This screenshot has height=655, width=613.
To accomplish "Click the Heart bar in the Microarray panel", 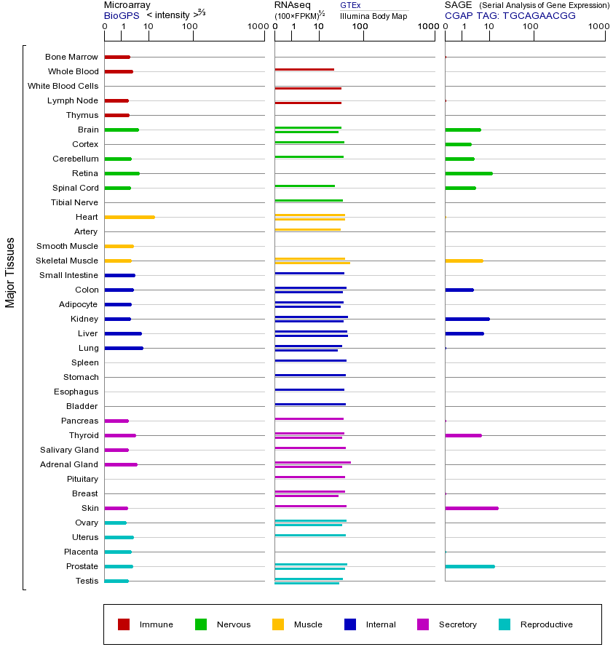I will (x=130, y=217).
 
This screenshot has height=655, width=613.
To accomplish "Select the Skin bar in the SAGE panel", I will (x=472, y=508).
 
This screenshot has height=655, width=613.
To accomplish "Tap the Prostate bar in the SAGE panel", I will (x=470, y=566).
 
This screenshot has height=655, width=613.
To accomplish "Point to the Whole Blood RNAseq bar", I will (x=304, y=70).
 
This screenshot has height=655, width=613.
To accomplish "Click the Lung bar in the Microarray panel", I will (x=124, y=348).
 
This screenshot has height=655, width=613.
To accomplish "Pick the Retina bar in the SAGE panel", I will (x=469, y=173).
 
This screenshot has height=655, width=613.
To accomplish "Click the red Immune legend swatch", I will (x=124, y=624).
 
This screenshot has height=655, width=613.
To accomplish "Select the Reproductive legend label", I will (x=547, y=624).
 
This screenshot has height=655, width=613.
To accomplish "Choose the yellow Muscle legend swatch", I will (x=278, y=624).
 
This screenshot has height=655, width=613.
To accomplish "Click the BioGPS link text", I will (x=121, y=15).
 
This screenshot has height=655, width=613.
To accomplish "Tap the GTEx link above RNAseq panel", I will (x=350, y=5).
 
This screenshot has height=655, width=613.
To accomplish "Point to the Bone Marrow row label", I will (x=71, y=57).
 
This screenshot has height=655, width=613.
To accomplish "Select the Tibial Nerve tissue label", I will (x=74, y=202).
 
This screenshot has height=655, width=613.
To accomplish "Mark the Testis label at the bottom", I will (x=87, y=581).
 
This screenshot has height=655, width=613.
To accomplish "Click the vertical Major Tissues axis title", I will (x=10, y=272).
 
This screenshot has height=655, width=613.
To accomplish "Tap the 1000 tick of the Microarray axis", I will (x=256, y=27).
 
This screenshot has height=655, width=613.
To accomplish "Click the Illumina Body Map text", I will (x=373, y=15).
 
